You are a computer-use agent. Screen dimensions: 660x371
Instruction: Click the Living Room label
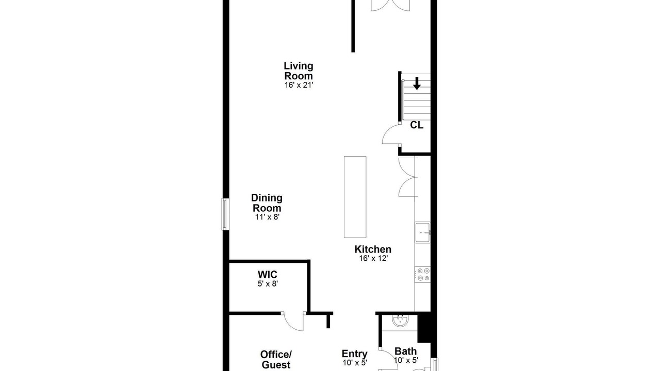point(299,71)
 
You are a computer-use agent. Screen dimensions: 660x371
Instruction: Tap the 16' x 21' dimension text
point(299,85)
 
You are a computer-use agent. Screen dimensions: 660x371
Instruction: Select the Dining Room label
point(267,203)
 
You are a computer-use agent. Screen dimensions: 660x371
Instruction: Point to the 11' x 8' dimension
point(267,217)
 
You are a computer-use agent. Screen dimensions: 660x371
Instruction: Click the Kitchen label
point(373,249)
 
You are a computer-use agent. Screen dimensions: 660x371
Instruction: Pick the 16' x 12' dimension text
point(373,259)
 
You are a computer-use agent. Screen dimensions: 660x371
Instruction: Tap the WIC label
point(267,275)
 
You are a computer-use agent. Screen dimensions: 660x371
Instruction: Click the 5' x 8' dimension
point(268,284)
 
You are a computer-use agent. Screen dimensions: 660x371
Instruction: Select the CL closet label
point(417,125)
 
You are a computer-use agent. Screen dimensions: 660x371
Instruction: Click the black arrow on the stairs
point(417,83)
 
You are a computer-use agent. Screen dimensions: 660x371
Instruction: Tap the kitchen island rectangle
point(355,197)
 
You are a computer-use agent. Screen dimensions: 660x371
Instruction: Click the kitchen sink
point(422,232)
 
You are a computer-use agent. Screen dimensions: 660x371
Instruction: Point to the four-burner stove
point(422,275)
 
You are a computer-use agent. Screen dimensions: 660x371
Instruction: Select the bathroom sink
point(400,321)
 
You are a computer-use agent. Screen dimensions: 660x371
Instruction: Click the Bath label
point(405,351)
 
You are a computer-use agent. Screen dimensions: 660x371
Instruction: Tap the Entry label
point(354,353)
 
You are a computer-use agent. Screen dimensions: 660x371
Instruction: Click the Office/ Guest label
point(276,360)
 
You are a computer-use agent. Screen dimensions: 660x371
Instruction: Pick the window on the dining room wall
point(225,214)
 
